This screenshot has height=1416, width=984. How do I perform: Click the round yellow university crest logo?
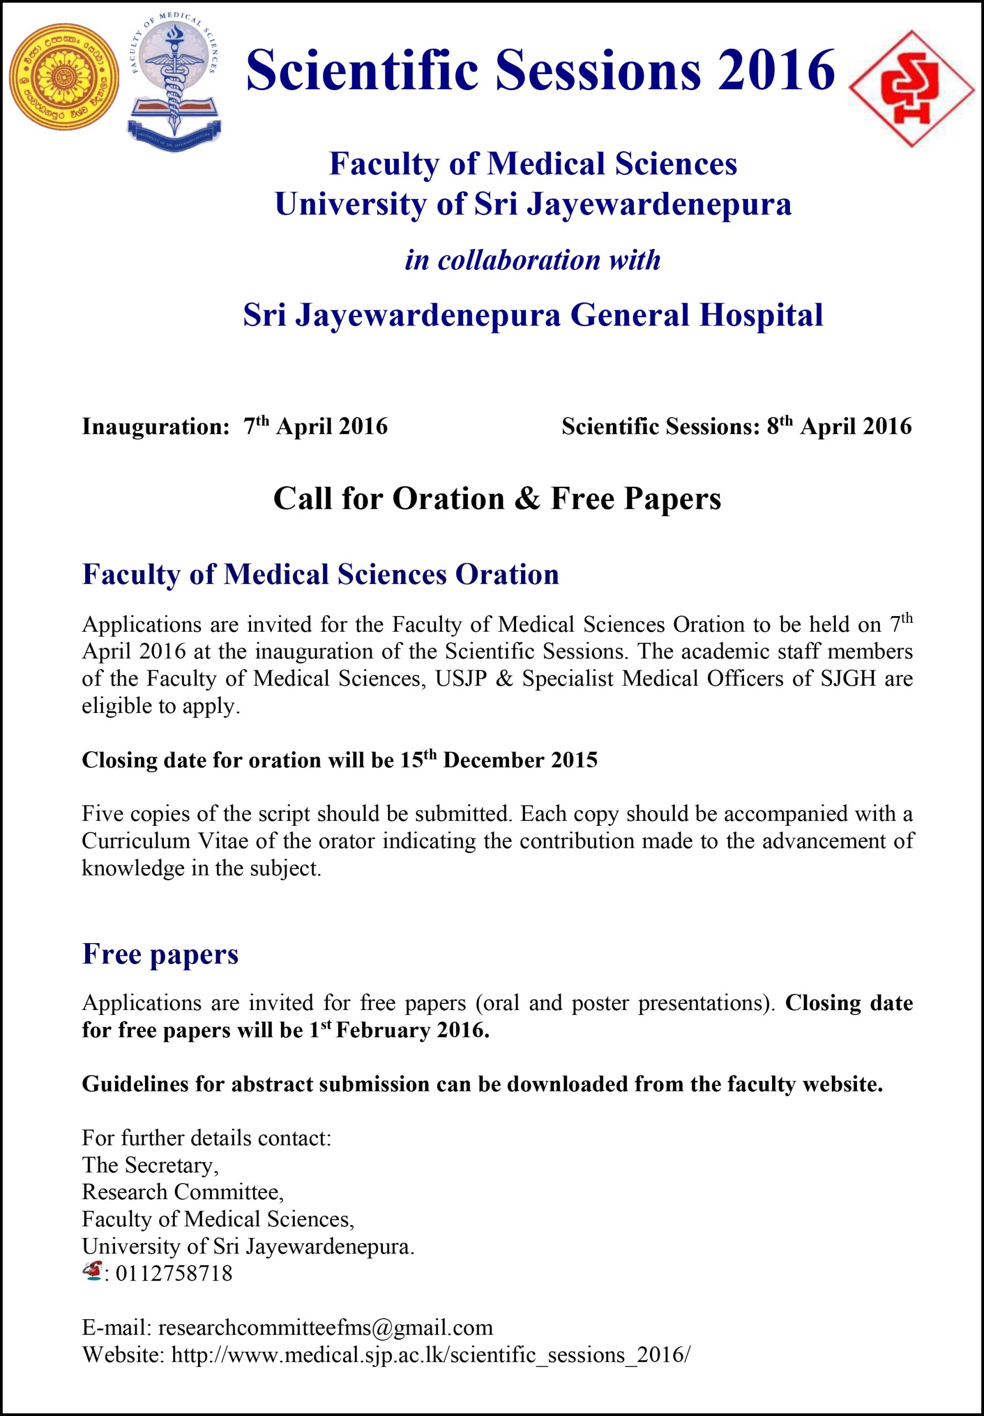click(x=64, y=77)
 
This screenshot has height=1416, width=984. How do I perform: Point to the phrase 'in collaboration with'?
click(x=533, y=260)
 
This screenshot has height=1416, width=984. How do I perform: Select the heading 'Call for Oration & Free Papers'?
click(x=497, y=498)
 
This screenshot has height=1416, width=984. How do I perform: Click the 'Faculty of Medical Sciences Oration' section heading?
click(x=321, y=574)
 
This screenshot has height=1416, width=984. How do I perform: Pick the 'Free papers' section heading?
click(x=160, y=954)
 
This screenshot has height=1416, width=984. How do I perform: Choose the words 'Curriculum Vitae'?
click(x=136, y=841)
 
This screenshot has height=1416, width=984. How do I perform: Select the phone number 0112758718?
click(x=174, y=1274)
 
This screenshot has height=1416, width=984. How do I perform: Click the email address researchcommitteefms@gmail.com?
click(x=326, y=1327)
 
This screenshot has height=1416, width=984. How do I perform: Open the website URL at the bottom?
click(x=431, y=1355)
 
